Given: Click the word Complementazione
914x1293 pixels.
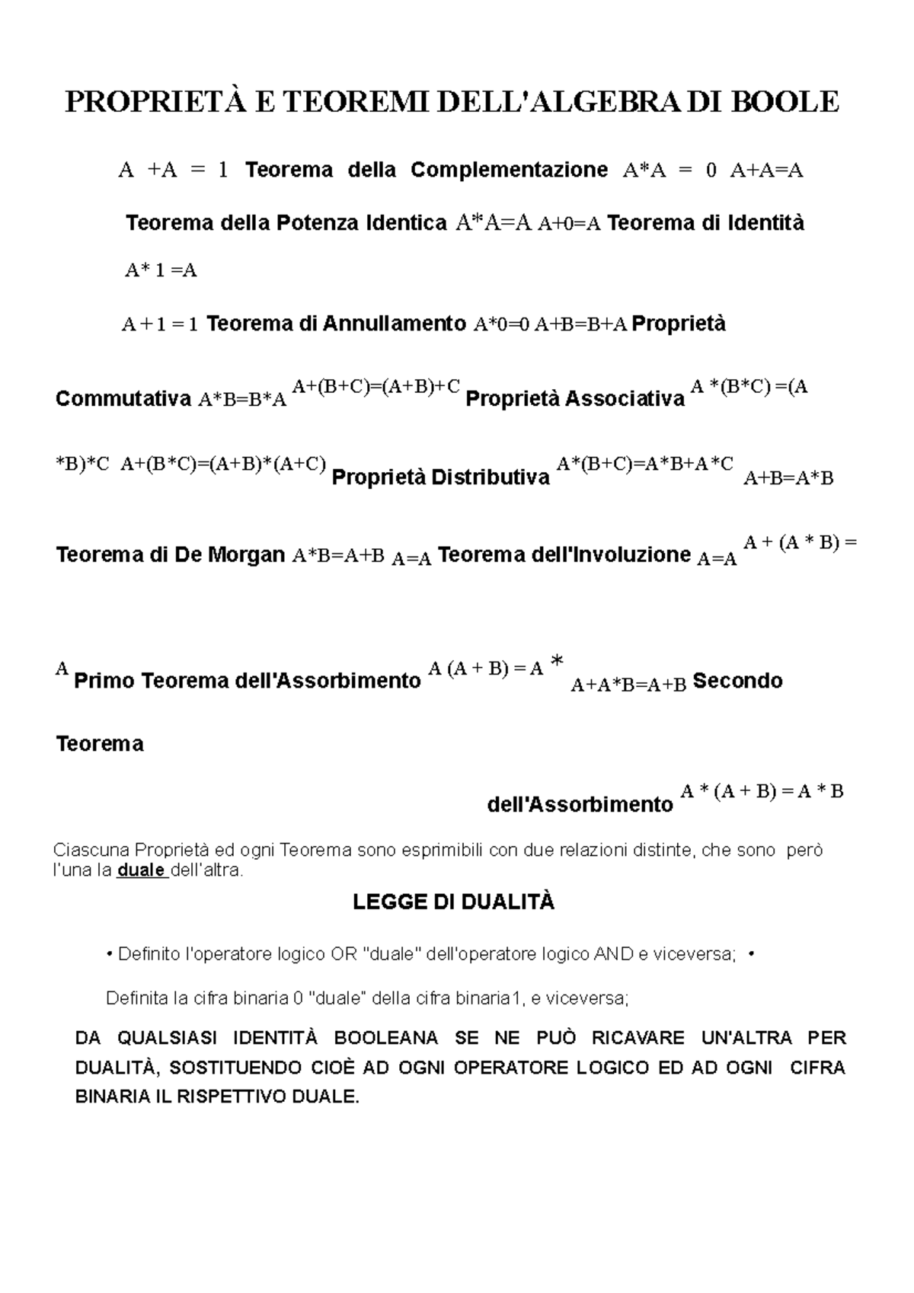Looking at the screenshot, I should pyautogui.click(x=509, y=170).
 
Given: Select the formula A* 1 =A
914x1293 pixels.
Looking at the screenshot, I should pyautogui.click(x=161, y=270).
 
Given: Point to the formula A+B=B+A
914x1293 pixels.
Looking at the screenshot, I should pyautogui.click(x=580, y=325).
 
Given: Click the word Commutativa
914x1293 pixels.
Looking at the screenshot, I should pyautogui.click(x=123, y=399).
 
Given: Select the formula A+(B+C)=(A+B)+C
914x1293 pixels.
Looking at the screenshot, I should pyautogui.click(x=376, y=386).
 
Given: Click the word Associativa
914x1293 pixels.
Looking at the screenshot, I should pyautogui.click(x=625, y=399).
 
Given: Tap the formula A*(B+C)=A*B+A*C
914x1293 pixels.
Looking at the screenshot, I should pyautogui.click(x=645, y=464).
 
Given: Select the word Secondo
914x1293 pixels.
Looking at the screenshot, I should pyautogui.click(x=737, y=680).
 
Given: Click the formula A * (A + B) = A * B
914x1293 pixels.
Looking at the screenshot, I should pyautogui.click(x=762, y=792).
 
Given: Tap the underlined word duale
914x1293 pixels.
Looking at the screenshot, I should pyautogui.click(x=141, y=870).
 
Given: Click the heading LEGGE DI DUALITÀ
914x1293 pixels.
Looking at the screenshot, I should pyautogui.click(x=454, y=903).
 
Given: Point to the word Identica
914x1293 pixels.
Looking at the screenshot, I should pyautogui.click(x=406, y=224).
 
